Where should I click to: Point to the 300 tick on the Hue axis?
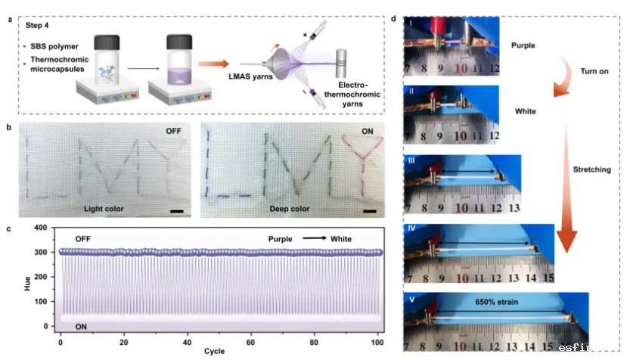48,252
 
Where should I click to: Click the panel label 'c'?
8,228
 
